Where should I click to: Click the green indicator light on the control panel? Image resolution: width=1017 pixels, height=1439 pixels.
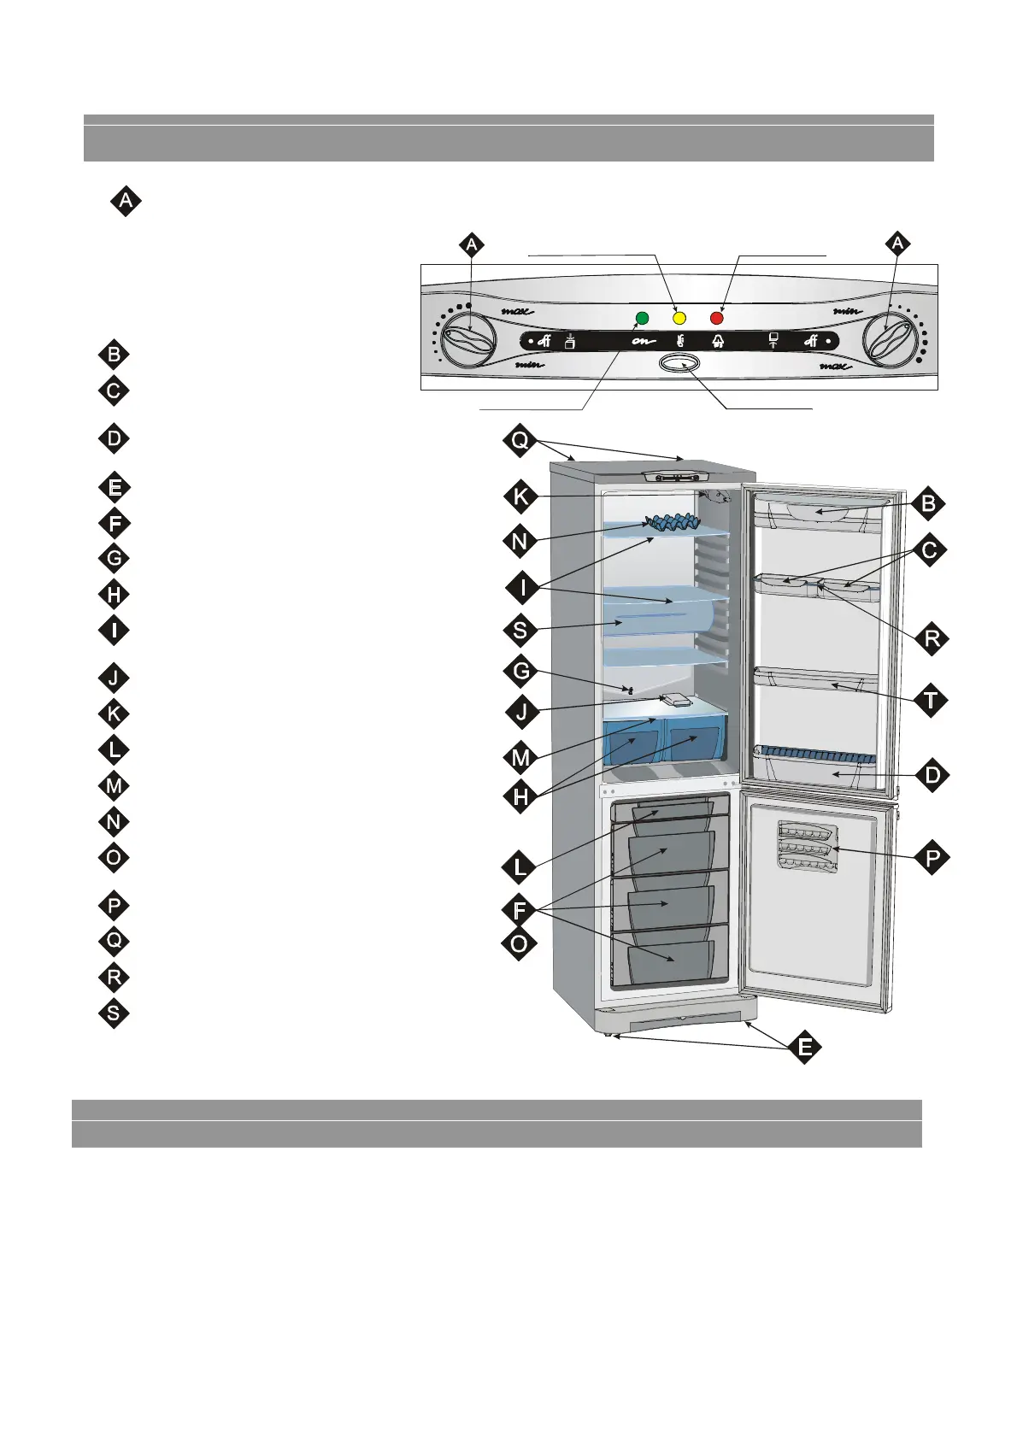coord(642,319)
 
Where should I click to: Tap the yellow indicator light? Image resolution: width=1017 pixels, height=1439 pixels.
coord(679,319)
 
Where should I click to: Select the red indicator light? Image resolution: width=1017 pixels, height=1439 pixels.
coord(717,319)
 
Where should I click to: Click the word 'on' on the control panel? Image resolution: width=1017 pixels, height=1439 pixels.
coord(642,342)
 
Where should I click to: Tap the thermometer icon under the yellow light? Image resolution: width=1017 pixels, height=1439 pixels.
coord(679,342)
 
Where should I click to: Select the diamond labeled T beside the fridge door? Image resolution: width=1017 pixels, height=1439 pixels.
coord(931,701)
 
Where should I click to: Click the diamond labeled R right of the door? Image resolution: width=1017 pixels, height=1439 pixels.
coord(931,637)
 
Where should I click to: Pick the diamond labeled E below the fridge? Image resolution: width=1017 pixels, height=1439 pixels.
coord(805,1047)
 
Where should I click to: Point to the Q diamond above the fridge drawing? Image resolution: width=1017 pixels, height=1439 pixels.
coord(520,441)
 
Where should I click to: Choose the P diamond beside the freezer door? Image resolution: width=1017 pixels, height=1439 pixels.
coord(931,857)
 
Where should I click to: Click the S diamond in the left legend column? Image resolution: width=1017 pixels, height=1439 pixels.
coord(114,1013)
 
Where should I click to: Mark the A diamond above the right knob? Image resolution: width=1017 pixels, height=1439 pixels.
coord(896,245)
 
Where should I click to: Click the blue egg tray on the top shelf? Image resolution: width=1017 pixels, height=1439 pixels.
coord(672,520)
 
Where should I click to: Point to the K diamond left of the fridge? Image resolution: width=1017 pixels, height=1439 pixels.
coord(520,496)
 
